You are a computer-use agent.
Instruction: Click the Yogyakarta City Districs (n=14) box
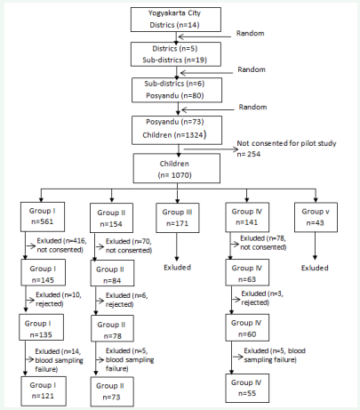point(176,20)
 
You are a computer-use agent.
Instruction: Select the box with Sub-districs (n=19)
point(176,54)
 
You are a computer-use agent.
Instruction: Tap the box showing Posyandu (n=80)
point(177,90)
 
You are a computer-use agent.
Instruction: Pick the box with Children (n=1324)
point(177,130)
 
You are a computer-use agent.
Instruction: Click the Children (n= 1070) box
point(177,168)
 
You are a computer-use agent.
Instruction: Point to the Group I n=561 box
point(43,217)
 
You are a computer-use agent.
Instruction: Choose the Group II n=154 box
point(111,218)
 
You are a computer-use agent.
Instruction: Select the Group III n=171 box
point(178,218)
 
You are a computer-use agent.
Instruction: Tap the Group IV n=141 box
point(247,217)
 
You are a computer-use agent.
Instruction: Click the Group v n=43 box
point(316,217)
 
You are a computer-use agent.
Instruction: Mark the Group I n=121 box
point(44,391)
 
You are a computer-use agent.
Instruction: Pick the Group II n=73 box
point(112,391)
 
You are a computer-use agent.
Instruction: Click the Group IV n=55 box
point(247,388)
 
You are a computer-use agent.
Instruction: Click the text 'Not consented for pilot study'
point(286,143)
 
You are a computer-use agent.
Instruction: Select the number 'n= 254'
point(249,154)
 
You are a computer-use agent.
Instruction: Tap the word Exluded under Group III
point(177,268)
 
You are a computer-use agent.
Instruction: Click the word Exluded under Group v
point(315,268)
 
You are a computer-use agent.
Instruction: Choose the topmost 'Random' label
point(250,33)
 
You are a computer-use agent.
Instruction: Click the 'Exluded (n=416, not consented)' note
point(61,245)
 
